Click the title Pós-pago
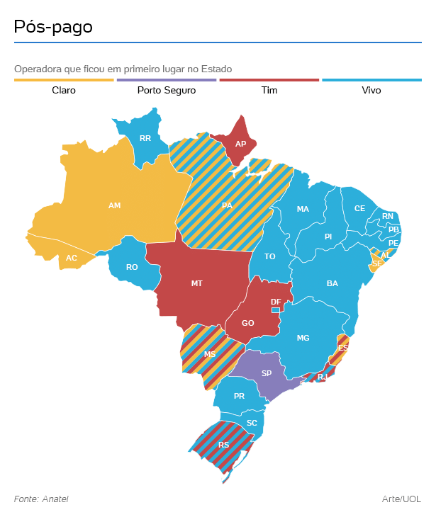(x=53, y=28)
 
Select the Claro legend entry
(x=64, y=91)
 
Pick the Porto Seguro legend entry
(x=167, y=91)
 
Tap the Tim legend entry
(x=269, y=91)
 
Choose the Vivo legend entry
(x=371, y=91)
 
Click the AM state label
(x=114, y=205)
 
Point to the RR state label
(x=145, y=138)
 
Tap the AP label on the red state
(x=240, y=144)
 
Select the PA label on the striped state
(x=227, y=205)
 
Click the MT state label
(x=197, y=283)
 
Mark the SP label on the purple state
(x=267, y=373)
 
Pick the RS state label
(x=224, y=445)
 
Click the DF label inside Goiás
(x=276, y=302)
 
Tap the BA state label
(x=332, y=283)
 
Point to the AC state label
(x=72, y=258)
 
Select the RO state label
(x=132, y=267)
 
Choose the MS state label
(x=210, y=354)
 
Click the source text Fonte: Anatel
(x=41, y=499)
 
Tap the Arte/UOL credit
(x=401, y=499)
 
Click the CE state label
(x=359, y=208)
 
